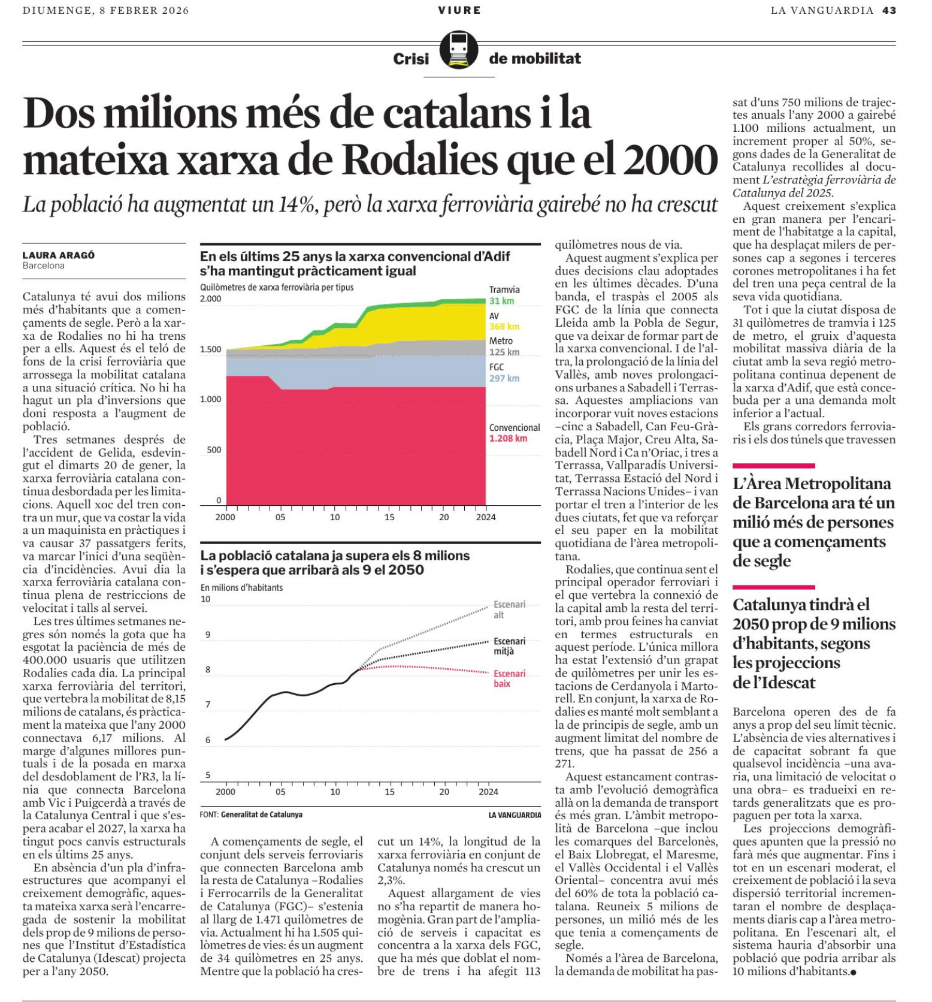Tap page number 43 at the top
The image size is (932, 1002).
(x=889, y=10)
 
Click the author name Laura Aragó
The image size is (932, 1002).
(x=59, y=255)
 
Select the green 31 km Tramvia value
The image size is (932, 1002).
(x=501, y=301)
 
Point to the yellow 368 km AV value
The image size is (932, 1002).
(x=504, y=327)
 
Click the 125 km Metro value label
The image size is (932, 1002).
(x=504, y=352)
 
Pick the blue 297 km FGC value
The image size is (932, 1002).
(x=504, y=378)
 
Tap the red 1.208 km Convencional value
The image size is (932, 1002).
(x=508, y=438)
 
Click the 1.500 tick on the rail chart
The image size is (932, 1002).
(x=210, y=349)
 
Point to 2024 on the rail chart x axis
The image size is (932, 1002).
(x=486, y=517)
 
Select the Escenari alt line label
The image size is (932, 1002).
(x=509, y=609)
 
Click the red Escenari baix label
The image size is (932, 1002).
(x=509, y=678)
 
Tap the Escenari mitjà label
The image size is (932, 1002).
(x=509, y=646)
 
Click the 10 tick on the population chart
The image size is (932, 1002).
(x=205, y=599)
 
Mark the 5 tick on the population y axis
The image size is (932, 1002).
(x=208, y=775)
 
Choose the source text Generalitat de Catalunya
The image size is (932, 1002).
(x=261, y=814)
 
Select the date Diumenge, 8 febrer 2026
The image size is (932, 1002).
(x=105, y=10)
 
